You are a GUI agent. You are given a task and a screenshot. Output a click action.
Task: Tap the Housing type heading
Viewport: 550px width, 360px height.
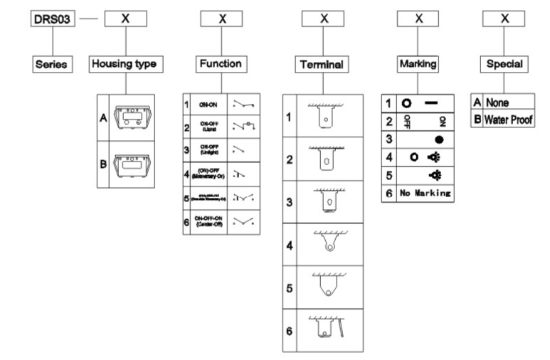tap(125, 64)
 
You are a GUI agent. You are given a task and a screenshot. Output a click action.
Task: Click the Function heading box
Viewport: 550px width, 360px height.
tap(222, 64)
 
